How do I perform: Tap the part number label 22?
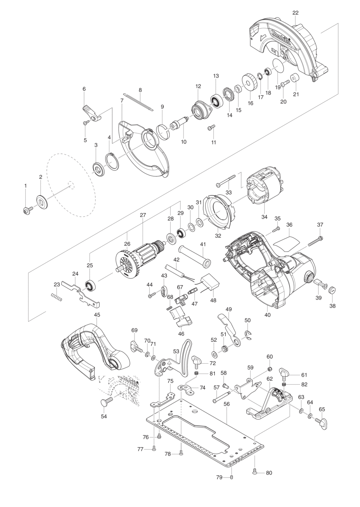(295, 13)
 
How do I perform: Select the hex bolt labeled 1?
(28, 210)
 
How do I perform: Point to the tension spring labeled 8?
(138, 102)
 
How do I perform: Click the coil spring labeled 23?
(56, 297)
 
